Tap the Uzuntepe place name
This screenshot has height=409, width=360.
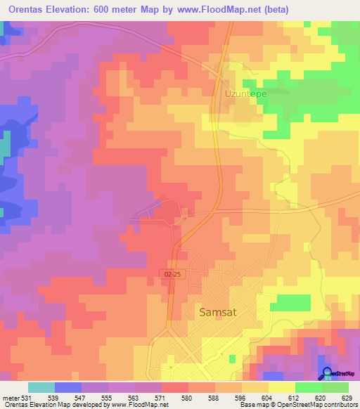[x=245, y=92]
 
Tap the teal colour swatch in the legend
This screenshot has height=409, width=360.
[x=41, y=387]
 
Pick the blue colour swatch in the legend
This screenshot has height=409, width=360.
[x=68, y=387]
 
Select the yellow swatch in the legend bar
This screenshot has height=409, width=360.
[x=281, y=387]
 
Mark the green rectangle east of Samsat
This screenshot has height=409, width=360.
[x=290, y=303]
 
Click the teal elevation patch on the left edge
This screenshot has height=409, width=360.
[x=5, y=145]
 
